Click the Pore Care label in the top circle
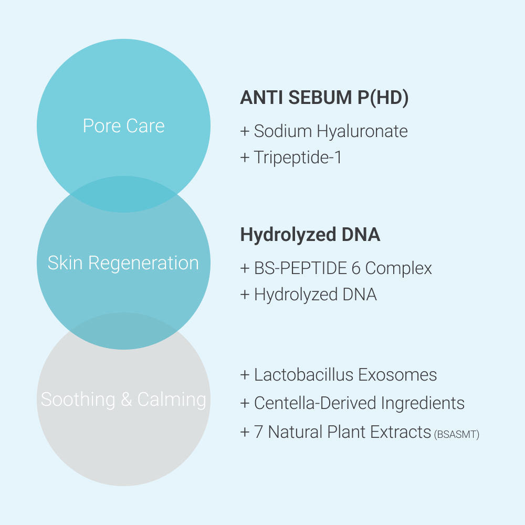tap(123, 126)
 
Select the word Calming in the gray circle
tap(172, 400)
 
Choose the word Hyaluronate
tap(362, 131)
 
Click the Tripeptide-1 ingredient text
tap(298, 157)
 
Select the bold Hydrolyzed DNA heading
tap(310, 235)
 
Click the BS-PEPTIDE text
tap(301, 268)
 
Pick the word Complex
tap(398, 268)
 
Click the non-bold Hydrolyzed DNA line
tap(315, 295)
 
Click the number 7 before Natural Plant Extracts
tap(258, 432)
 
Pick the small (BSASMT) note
tap(457, 434)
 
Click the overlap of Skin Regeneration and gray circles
tap(123, 331)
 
